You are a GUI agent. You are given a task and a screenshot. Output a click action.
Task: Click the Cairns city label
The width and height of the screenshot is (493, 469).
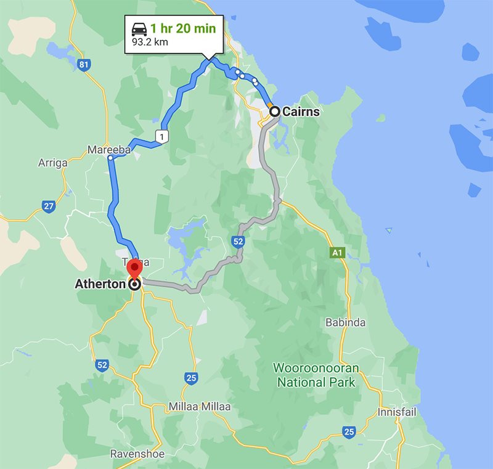pos(301,112)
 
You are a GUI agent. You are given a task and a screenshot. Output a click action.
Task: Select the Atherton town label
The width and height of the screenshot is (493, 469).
pos(100,284)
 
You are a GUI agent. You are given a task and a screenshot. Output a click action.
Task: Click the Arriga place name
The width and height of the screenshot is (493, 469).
pos(52,163)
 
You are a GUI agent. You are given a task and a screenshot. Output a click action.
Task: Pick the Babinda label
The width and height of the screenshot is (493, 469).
pos(345,322)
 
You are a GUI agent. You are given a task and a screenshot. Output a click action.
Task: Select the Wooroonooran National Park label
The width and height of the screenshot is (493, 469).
pos(316,375)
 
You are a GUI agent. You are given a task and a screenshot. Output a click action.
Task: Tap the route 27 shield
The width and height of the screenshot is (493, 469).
pos(49,206)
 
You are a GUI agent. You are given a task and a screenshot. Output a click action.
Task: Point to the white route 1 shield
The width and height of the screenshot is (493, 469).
pos(162,136)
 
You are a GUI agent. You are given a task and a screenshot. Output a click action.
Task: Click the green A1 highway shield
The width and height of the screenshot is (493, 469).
pos(336,252)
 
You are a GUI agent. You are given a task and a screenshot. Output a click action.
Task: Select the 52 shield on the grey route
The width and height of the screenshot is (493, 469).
pos(239,242)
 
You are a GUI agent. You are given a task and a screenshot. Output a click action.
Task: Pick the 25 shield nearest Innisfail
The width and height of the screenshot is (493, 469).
pos(349,431)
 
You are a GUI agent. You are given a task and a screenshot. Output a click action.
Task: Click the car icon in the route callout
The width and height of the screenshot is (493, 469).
pos(139,29)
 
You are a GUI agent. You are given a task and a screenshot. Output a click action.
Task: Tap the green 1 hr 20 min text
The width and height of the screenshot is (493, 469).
pos(182,29)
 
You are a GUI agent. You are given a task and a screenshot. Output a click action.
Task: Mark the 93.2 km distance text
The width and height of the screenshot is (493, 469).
pos(150,43)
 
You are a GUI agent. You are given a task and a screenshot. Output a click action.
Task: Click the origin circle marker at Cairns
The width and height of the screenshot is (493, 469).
pos(275,112)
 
